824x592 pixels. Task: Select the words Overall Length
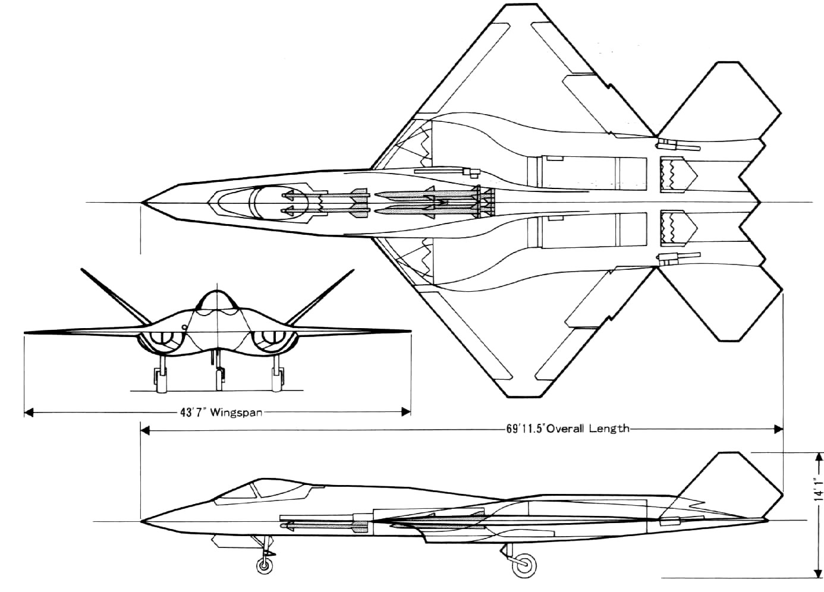pyautogui.click(x=587, y=429)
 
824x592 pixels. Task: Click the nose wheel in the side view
pyautogui.click(x=265, y=565)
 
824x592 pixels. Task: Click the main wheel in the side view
pyautogui.click(x=524, y=564)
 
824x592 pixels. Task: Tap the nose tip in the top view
pyautogui.click(x=141, y=202)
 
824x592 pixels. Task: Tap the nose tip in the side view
pyautogui.click(x=141, y=521)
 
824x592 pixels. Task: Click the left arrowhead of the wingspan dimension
pyautogui.click(x=29, y=412)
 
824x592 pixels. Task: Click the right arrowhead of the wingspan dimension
pyautogui.click(x=405, y=412)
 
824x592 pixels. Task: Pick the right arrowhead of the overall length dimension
pyautogui.click(x=778, y=429)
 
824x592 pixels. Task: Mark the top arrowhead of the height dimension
pyautogui.click(x=819, y=458)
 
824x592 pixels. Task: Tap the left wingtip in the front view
pyautogui.click(x=25, y=333)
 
